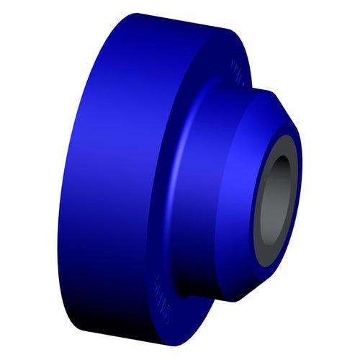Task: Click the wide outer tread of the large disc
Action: [101, 180]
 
